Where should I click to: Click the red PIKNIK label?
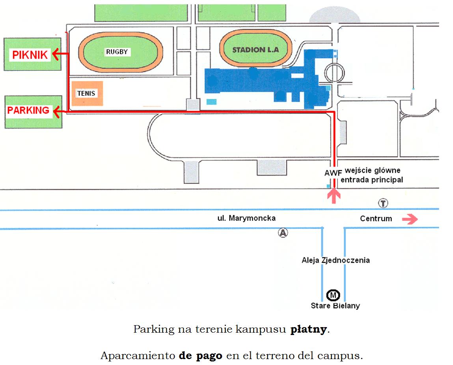[x=30, y=55]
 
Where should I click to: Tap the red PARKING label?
[x=28, y=110]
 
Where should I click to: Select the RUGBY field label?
[x=117, y=52]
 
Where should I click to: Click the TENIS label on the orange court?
[x=86, y=94]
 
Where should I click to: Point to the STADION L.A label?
[x=256, y=50]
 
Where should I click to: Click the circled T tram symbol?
[x=383, y=203]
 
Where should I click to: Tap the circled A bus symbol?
[x=283, y=232]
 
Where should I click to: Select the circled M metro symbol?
[x=333, y=295]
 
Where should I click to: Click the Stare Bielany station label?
[x=336, y=306]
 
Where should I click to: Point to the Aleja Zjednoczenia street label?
[x=336, y=260]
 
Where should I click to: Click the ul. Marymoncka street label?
[x=246, y=218]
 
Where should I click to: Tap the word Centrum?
[x=376, y=219]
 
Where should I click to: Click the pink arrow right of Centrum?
[x=410, y=219]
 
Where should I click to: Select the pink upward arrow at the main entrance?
[x=334, y=196]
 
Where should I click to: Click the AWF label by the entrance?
[x=333, y=173]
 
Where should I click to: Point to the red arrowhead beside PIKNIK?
[x=56, y=54]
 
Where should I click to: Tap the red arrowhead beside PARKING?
[x=57, y=112]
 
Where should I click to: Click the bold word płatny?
[x=309, y=329]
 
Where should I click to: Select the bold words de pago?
[x=201, y=356]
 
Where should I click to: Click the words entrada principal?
[x=372, y=180]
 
